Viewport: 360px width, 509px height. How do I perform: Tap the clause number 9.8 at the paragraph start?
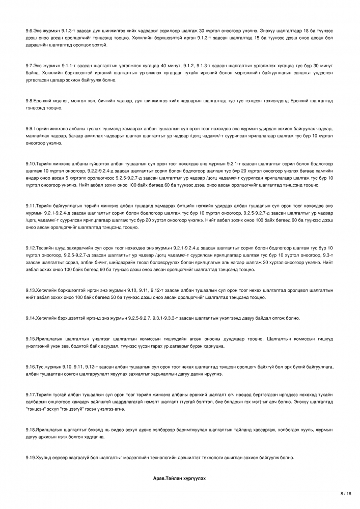(x=29, y=101)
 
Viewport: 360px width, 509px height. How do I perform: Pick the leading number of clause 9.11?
(x=30, y=206)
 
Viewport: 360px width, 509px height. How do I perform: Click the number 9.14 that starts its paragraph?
(x=30, y=318)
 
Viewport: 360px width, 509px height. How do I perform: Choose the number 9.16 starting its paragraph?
(x=30, y=366)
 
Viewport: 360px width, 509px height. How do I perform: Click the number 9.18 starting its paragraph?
(x=30, y=429)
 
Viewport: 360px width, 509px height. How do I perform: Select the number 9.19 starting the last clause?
(x=30, y=458)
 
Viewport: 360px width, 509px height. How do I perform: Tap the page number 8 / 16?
(x=346, y=493)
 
